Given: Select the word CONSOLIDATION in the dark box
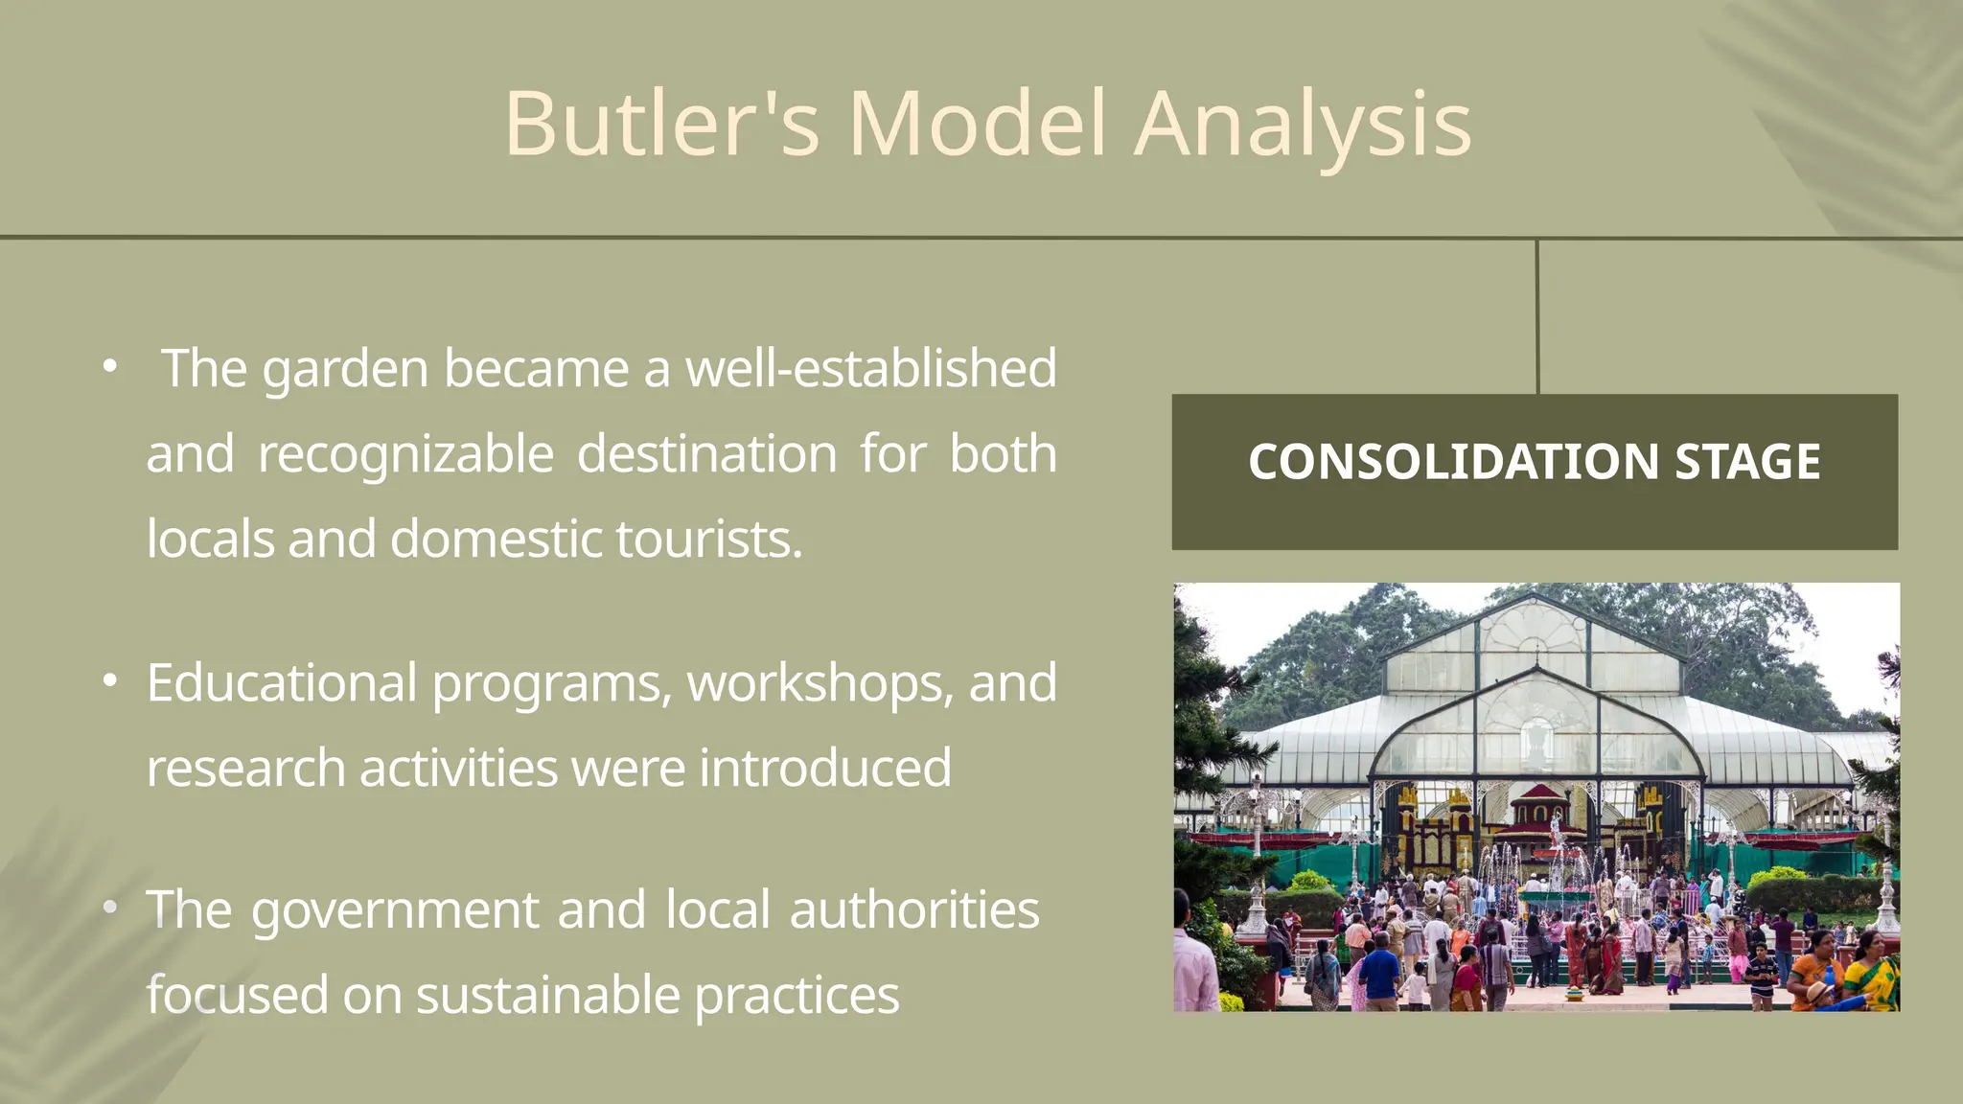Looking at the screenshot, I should (x=1453, y=462).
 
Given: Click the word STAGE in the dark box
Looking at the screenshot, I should (x=1746, y=462).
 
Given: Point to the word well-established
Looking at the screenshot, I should (x=870, y=368).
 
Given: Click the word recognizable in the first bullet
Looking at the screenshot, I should (x=405, y=453).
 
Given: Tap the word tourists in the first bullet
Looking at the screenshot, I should (x=707, y=539).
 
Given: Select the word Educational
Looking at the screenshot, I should (x=281, y=682).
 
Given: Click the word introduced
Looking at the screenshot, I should (x=825, y=768).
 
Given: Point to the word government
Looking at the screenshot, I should (x=395, y=909).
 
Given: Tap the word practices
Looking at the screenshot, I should (x=797, y=995).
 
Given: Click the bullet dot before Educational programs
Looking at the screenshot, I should (x=110, y=681).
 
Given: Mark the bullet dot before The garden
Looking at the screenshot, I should (x=110, y=366).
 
